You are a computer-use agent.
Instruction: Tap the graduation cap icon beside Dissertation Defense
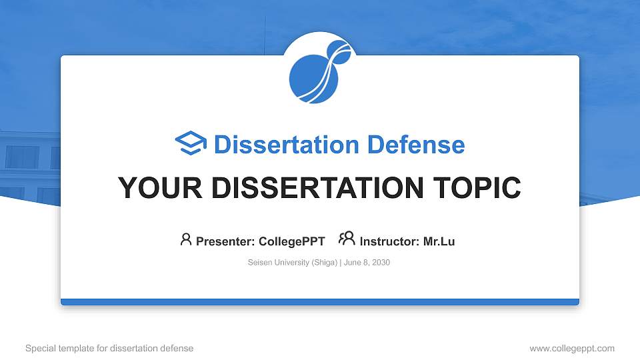click(191, 143)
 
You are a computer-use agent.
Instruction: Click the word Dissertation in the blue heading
click(287, 145)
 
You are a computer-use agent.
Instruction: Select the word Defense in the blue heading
click(416, 145)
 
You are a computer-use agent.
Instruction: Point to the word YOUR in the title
click(160, 188)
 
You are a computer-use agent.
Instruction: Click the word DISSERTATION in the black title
click(317, 188)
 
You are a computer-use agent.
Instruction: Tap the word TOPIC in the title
click(477, 188)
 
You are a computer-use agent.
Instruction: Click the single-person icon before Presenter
click(186, 239)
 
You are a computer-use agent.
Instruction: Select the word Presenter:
click(225, 241)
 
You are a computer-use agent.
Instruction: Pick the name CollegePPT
click(292, 241)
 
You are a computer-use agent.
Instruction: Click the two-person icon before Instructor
click(347, 239)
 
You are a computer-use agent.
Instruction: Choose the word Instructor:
click(389, 241)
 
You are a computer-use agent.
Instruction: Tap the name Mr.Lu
click(439, 241)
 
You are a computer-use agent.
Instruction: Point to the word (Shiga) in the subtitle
click(325, 263)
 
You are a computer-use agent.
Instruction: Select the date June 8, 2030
click(367, 263)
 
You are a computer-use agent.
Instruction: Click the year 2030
click(381, 263)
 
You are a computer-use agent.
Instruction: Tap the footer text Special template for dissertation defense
click(109, 348)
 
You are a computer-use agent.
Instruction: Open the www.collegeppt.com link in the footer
click(572, 348)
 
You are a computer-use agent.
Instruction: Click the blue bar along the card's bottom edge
click(320, 302)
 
